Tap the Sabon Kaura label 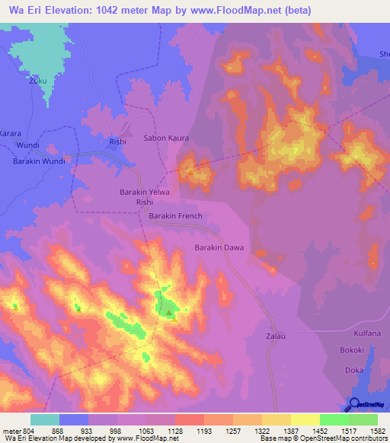pyautogui.click(x=166, y=139)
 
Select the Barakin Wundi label pyautogui.click(x=39, y=161)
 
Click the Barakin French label pyautogui.click(x=175, y=217)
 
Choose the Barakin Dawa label pyautogui.click(x=219, y=247)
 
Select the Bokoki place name pyautogui.click(x=352, y=351)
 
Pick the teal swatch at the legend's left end pyautogui.click(x=44, y=419)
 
